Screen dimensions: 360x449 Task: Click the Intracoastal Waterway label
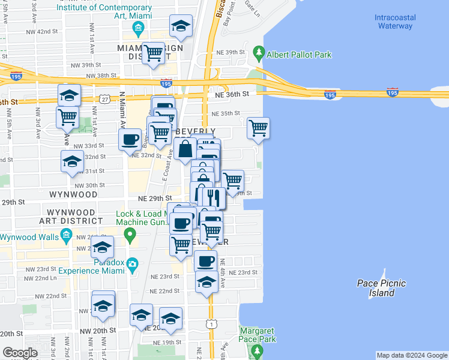click(394, 22)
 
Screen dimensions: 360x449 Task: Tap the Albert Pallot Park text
click(299, 55)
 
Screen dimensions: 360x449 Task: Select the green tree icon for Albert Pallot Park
click(259, 53)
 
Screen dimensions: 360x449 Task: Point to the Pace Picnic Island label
click(381, 288)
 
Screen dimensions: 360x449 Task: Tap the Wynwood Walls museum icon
click(65, 238)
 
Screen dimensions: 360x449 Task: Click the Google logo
click(20, 352)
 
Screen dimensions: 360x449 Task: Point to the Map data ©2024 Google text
click(412, 355)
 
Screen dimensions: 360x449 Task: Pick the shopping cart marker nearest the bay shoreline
click(258, 127)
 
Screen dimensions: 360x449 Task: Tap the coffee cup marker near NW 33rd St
click(130, 140)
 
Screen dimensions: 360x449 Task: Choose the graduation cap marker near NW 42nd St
click(181, 26)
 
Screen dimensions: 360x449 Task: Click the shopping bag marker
click(186, 149)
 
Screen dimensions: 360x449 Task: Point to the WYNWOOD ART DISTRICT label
click(71, 217)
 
